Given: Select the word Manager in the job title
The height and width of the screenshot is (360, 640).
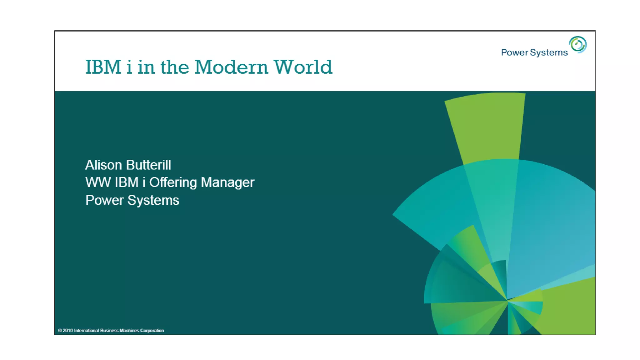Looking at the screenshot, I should [227, 182].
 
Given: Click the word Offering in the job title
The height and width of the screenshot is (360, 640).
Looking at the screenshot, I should [173, 182].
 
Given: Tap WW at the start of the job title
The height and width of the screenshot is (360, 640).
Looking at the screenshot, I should [98, 182].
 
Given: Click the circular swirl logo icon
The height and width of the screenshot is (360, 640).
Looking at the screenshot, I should [577, 45].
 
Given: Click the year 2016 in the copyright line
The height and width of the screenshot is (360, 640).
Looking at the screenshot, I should [68, 331].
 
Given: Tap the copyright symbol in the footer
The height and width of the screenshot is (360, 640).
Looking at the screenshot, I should [60, 331].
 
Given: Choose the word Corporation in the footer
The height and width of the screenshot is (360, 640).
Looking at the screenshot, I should [152, 331].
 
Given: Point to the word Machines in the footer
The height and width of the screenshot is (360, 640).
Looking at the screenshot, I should [129, 331].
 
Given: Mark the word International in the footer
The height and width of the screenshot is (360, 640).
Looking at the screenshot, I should [87, 331].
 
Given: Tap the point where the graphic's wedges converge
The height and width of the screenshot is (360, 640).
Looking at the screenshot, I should [507, 301].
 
